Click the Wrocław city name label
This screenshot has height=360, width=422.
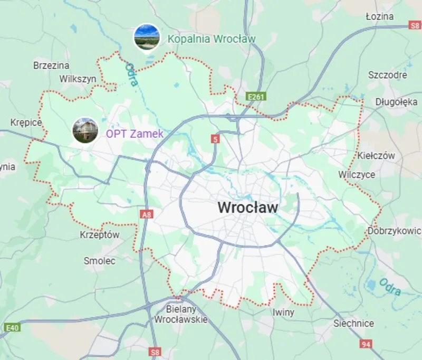pyautogui.click(x=247, y=207)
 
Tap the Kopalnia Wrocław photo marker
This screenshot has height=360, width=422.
pyautogui.click(x=147, y=37)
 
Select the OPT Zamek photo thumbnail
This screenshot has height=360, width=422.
pyautogui.click(x=85, y=130)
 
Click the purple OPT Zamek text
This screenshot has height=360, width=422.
pyautogui.click(x=135, y=134)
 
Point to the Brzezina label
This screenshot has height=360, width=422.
pyautogui.click(x=51, y=65)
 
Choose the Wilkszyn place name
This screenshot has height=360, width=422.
pyautogui.click(x=78, y=79)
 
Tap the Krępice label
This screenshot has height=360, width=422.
pyautogui.click(x=26, y=122)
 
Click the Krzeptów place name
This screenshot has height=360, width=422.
pyautogui.click(x=100, y=235)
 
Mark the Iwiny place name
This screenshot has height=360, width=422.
pyautogui.click(x=284, y=312)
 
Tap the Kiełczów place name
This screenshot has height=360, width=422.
pyautogui.click(x=376, y=156)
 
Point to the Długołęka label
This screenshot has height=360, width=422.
pyautogui.click(x=397, y=102)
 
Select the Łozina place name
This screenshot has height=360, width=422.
pyautogui.click(x=379, y=16)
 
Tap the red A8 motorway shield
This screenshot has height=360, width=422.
pyautogui.click(x=147, y=215)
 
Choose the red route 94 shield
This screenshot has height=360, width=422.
pyautogui.click(x=366, y=344)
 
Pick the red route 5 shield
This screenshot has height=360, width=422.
pyautogui.click(x=214, y=139)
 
